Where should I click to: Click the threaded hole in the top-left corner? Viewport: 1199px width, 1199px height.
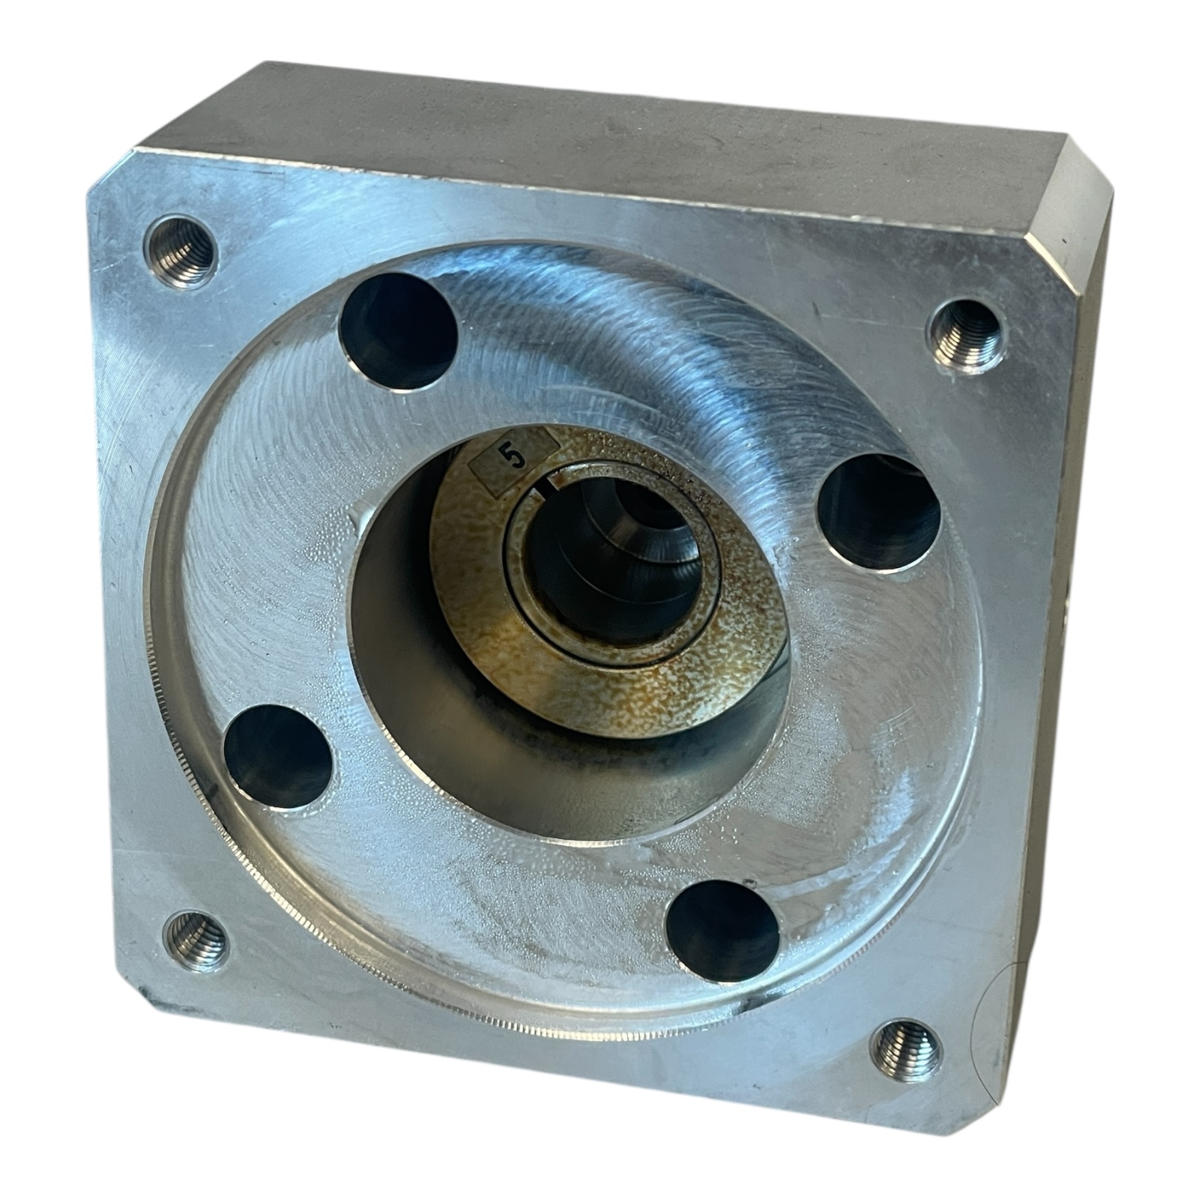180,250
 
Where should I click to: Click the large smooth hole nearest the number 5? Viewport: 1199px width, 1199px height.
398,332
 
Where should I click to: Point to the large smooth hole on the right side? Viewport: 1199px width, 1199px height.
878,513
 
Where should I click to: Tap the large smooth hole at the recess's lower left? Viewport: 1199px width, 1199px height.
278,757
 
